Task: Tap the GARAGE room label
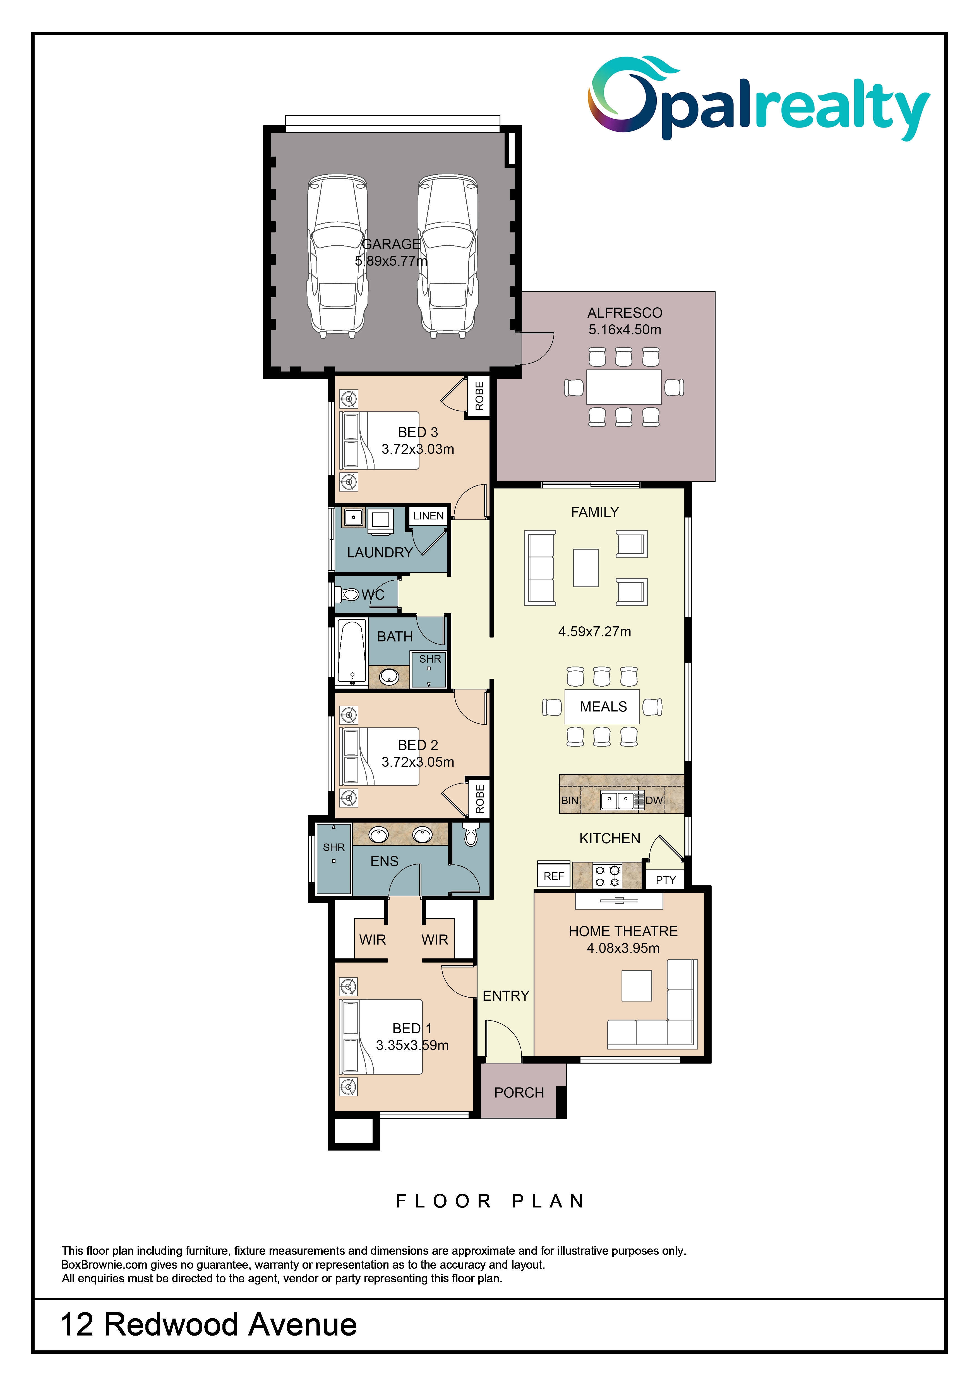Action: pyautogui.click(x=391, y=244)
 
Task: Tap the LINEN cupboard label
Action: pyautogui.click(x=428, y=516)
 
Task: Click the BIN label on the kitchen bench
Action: pyautogui.click(x=569, y=801)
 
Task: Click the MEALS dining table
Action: pyautogui.click(x=602, y=706)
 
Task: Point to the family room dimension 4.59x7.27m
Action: pyautogui.click(x=595, y=632)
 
